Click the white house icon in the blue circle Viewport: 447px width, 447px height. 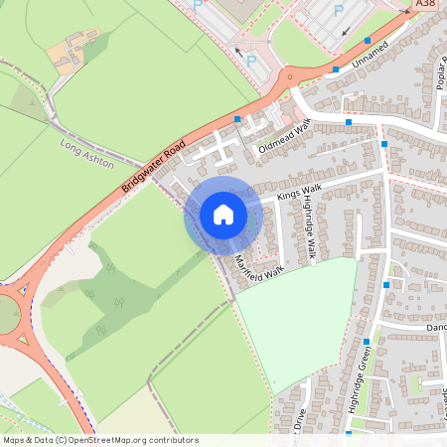[x=223, y=215]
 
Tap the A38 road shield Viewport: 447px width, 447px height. [x=426, y=5]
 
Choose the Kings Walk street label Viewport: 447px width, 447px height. [x=300, y=190]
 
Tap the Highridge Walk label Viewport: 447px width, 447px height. [x=310, y=229]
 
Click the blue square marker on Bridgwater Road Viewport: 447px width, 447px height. [x=236, y=119]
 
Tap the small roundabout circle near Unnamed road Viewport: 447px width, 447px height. [x=288, y=77]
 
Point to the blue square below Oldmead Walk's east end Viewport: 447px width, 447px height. [x=349, y=122]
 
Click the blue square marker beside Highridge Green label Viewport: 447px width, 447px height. [x=367, y=342]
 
